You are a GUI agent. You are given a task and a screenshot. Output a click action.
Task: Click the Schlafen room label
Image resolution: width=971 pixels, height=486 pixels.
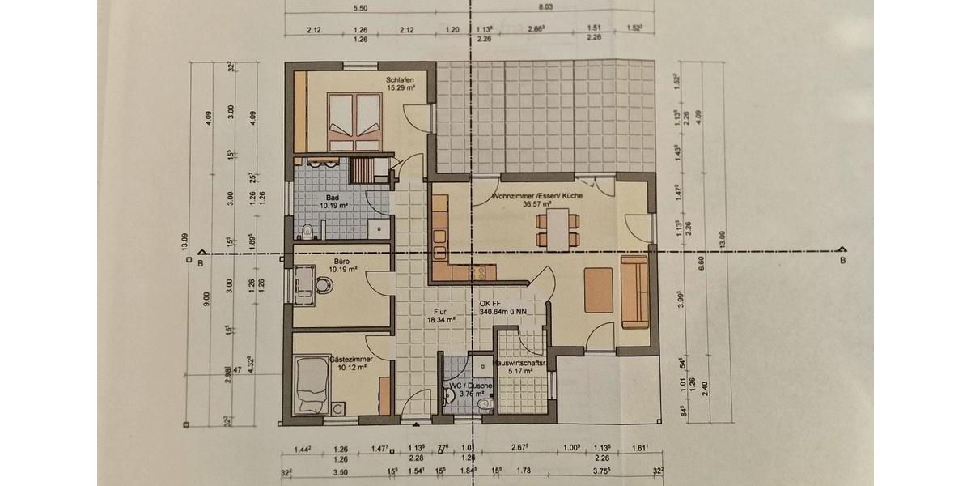(401, 83)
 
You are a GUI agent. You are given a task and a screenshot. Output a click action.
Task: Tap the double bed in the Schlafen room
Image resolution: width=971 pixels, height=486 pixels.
(354, 121)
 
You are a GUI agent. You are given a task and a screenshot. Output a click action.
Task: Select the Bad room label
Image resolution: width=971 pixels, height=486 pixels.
(332, 201)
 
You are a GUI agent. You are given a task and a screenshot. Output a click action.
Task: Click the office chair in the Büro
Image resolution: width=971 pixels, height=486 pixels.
(324, 286)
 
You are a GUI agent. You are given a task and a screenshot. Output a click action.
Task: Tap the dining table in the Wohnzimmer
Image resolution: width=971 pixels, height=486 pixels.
(559, 228)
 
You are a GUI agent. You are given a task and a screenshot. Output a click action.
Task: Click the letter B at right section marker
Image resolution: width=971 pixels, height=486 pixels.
(842, 261)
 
